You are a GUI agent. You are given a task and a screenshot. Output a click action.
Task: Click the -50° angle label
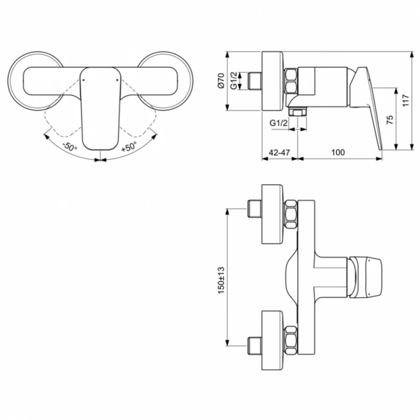(70, 147)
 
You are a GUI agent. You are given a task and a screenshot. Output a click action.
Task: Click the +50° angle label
(129, 147)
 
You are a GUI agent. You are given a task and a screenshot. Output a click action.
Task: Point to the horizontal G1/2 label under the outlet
(278, 123)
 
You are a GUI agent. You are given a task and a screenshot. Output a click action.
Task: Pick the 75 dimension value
(390, 119)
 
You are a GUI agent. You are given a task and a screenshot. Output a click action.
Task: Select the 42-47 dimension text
(279, 152)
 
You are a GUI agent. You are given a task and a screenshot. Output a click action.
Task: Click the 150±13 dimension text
(221, 280)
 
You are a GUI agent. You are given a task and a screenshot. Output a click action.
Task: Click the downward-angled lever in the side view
(369, 107)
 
